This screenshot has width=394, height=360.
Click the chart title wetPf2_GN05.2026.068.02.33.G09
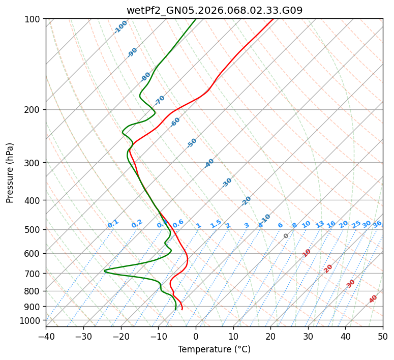click(214, 10)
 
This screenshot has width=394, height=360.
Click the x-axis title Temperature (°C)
click(214, 349)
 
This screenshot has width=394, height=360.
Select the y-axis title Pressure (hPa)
click(10, 173)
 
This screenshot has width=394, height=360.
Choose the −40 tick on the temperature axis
click(46, 336)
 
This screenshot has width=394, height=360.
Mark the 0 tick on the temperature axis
click(196, 336)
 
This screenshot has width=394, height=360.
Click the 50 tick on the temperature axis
click(383, 336)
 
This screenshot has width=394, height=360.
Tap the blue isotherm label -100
click(121, 27)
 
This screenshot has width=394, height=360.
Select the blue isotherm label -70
click(160, 100)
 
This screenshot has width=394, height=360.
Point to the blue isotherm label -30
click(227, 183)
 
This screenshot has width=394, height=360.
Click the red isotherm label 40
click(373, 299)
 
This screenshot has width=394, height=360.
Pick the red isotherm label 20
click(328, 268)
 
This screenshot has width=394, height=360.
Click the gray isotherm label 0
click(286, 236)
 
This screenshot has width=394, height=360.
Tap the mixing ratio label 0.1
click(113, 224)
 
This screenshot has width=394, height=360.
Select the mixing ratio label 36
click(377, 224)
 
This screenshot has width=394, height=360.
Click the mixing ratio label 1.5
click(216, 224)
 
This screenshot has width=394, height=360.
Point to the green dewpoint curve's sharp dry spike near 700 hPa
click(105, 271)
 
